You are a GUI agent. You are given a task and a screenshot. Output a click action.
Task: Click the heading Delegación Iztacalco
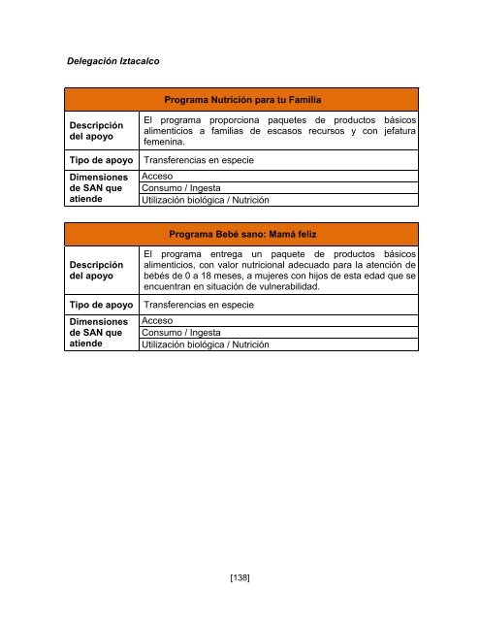pyautogui.click(x=112, y=61)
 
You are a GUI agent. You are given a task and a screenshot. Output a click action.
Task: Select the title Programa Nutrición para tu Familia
pyautogui.click(x=243, y=100)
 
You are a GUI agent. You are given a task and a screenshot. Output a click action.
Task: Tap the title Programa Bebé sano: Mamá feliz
pyautogui.click(x=243, y=235)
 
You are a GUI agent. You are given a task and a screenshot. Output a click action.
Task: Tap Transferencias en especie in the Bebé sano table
pyautogui.click(x=199, y=305)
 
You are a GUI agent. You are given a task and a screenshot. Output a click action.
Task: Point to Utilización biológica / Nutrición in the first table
pyautogui.click(x=206, y=200)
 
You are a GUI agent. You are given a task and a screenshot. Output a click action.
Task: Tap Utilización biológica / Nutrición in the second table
pyautogui.click(x=206, y=344)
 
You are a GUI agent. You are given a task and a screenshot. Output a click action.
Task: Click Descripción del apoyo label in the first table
pyautogui.click(x=96, y=132)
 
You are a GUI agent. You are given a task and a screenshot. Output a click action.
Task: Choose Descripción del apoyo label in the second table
pyautogui.click(x=96, y=271)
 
